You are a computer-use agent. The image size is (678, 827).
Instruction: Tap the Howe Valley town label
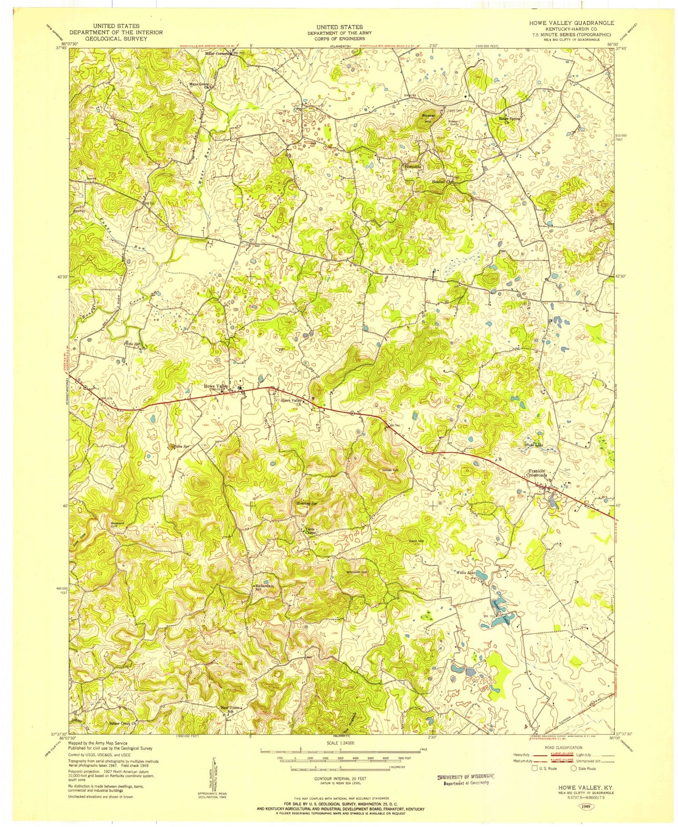coord(215,386)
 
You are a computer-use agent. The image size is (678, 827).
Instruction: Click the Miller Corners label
coord(219,53)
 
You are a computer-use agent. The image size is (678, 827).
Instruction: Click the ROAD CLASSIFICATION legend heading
coord(563,748)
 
